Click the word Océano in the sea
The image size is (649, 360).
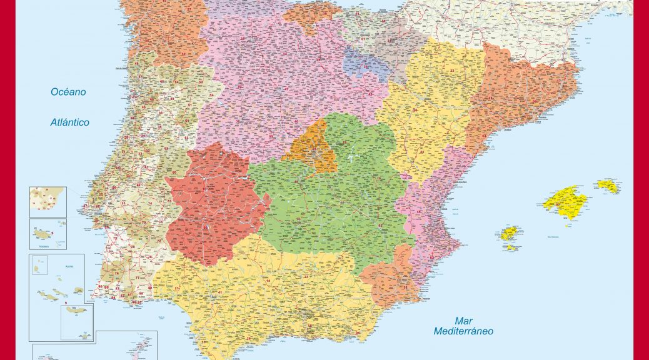point(69,92)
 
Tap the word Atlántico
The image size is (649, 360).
point(70,122)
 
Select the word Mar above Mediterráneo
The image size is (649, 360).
point(463,320)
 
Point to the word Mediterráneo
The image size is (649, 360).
point(463,331)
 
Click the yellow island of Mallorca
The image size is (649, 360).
point(565,201)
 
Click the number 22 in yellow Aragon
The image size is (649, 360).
point(451,71)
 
